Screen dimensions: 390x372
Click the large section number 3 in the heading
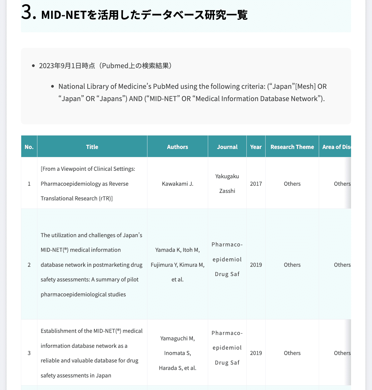pos(28,13)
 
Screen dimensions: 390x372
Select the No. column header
pos(29,147)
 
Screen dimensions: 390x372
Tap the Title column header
pos(92,147)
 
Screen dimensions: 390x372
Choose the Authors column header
pos(178,147)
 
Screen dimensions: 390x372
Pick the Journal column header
pos(227,147)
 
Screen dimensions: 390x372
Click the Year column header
pos(256,147)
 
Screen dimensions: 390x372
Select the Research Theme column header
pos(292,147)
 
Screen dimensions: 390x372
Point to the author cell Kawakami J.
pos(178,184)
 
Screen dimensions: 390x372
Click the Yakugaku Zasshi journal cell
pos(227,184)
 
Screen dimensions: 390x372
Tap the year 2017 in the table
pos(256,184)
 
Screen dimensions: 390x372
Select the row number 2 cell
pos(29,265)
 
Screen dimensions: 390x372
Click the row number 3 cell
pos(29,353)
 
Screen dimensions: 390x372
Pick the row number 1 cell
pos(29,184)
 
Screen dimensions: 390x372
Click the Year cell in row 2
pos(256,265)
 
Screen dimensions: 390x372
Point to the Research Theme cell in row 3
pos(292,353)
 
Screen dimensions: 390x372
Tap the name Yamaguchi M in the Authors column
pos(177,338)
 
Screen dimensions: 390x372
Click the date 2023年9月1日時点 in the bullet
pos(67,66)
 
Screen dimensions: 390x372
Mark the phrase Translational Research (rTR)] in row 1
pos(77,199)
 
